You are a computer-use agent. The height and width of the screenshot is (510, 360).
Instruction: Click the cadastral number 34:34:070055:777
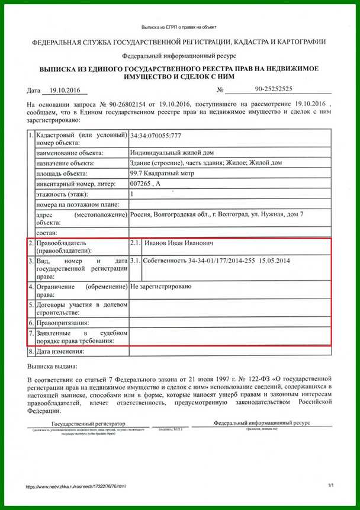click(x=156, y=136)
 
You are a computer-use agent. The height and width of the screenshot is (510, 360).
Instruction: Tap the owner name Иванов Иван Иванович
click(x=178, y=243)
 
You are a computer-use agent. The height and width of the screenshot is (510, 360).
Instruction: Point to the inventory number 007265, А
click(x=144, y=184)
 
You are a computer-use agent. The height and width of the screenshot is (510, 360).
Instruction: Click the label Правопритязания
click(x=63, y=323)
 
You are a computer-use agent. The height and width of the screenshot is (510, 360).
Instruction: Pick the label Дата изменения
click(x=61, y=351)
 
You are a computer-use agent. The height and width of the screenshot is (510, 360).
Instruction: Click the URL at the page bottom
click(x=76, y=486)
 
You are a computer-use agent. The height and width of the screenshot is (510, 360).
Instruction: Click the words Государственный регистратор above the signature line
click(x=89, y=424)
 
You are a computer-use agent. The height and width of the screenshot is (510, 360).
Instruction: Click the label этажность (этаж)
click(x=62, y=194)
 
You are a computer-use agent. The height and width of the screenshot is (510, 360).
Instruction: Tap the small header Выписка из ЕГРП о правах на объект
click(x=179, y=27)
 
